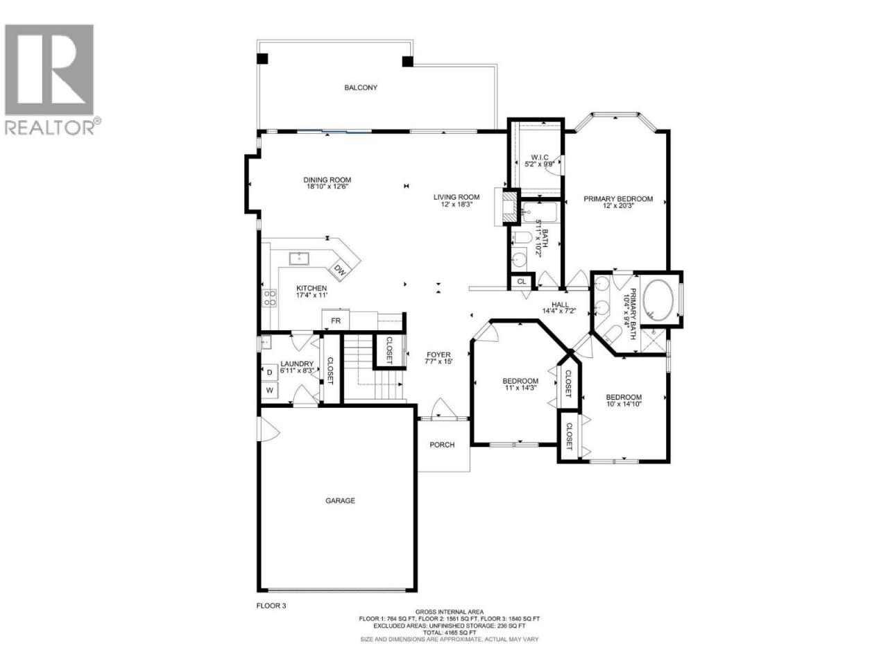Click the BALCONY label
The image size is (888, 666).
tap(361, 87)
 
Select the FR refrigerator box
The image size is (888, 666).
tap(335, 321)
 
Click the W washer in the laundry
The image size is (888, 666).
tap(269, 390)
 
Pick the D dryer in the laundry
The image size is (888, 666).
tap(269, 372)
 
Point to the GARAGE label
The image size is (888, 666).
tap(340, 501)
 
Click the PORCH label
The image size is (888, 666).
tap(442, 445)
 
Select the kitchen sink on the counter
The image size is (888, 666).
tap(299, 258)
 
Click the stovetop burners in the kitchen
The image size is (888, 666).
tap(270, 297)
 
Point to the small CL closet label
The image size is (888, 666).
tap(522, 281)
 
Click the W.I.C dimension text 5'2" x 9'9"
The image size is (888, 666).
tap(539, 164)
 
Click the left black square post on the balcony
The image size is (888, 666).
tap(262, 59)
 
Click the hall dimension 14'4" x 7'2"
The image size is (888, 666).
tap(559, 311)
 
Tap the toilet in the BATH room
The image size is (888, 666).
tap(521, 238)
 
